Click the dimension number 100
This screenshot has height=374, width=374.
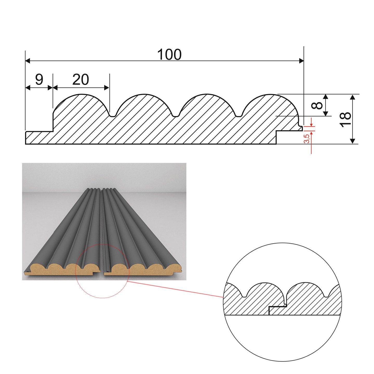pos(169,55)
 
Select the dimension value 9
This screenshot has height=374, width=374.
pos(39,79)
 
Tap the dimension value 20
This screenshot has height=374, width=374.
pos(81,79)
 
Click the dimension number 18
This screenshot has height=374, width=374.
pos(345,119)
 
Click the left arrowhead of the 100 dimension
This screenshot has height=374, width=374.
pos(28,61)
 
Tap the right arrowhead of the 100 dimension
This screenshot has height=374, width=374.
pos(302,61)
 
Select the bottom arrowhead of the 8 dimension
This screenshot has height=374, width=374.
pos(326,114)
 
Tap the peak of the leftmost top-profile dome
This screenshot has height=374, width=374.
pos(81,94)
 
